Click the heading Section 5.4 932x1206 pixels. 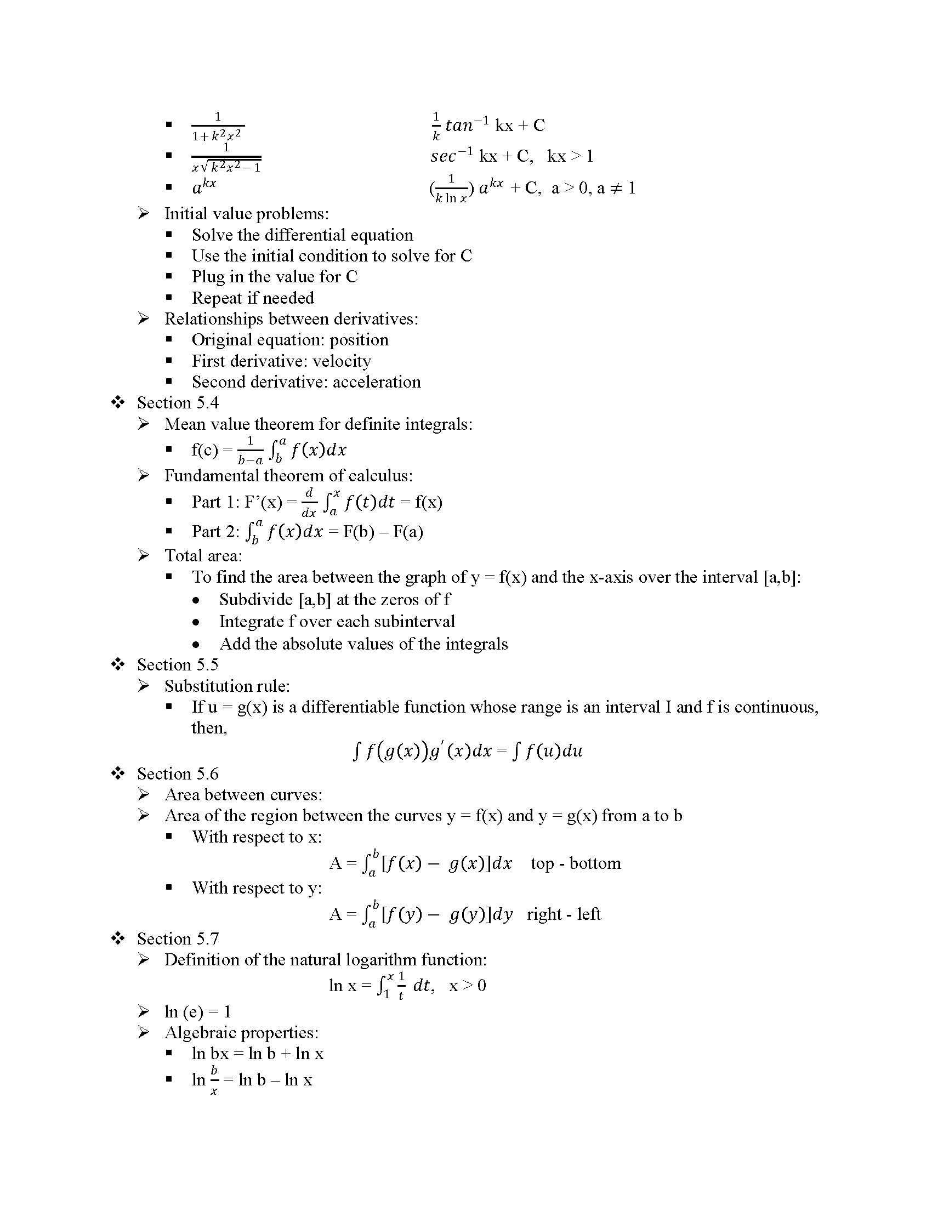[177, 402]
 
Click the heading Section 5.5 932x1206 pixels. [177, 664]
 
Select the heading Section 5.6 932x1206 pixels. [177, 773]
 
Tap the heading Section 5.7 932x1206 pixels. [177, 938]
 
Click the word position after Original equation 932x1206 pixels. [359, 340]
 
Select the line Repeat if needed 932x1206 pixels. [252, 298]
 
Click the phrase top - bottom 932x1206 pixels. [575, 863]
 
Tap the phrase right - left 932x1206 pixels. [564, 914]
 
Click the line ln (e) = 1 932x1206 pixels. [197, 1011]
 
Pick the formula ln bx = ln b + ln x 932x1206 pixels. [257, 1054]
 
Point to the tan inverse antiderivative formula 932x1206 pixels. [488, 126]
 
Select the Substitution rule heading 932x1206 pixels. [226, 686]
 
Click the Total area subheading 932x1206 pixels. [203, 555]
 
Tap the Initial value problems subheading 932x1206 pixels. [246, 214]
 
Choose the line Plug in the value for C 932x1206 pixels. [275, 277]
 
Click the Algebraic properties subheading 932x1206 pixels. [241, 1033]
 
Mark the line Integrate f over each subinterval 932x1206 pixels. [337, 622]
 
